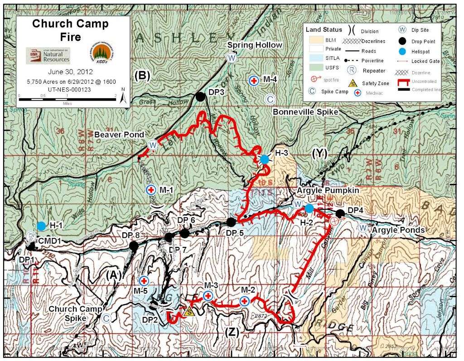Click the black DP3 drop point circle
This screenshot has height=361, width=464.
click(x=199, y=96)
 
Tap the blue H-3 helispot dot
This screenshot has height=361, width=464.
click(x=264, y=159)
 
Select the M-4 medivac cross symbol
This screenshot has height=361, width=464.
click(x=254, y=81)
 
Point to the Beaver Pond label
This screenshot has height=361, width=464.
click(x=119, y=135)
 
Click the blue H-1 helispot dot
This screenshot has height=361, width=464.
click(x=41, y=226)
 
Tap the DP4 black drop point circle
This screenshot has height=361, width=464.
click(x=340, y=213)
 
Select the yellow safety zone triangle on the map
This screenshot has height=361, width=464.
click(x=190, y=311)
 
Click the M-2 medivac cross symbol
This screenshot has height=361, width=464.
click(x=244, y=301)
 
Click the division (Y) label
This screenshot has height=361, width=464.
click(x=319, y=154)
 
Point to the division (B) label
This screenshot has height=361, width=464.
click(x=142, y=76)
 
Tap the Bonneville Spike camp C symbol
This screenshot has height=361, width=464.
click(x=269, y=99)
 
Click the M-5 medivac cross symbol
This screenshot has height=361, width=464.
click(x=144, y=281)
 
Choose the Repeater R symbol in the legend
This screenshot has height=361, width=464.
click(x=351, y=71)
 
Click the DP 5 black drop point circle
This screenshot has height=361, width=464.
click(x=231, y=222)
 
